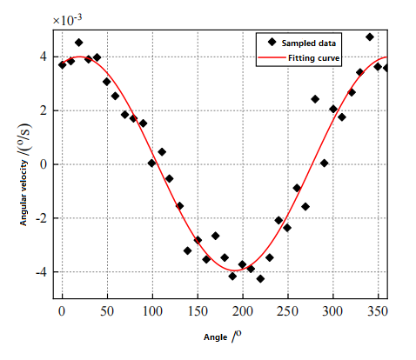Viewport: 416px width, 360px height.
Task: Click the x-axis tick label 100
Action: pos(152,310)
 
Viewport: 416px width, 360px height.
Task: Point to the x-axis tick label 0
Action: pos(62,310)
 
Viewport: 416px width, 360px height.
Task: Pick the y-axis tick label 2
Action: pos(47,110)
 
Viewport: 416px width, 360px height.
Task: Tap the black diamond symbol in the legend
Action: pos(272,42)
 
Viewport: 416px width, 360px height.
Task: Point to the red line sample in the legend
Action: pos(272,58)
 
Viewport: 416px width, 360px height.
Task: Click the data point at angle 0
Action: pos(62,64)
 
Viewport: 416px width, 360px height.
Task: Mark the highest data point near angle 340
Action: pos(370,37)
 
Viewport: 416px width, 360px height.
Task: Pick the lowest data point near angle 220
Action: pos(260,278)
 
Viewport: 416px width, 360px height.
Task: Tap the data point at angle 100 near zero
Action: pos(151,163)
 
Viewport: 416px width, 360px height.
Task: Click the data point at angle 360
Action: pos(386,68)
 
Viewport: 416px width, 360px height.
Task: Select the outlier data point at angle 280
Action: pos(315,99)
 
